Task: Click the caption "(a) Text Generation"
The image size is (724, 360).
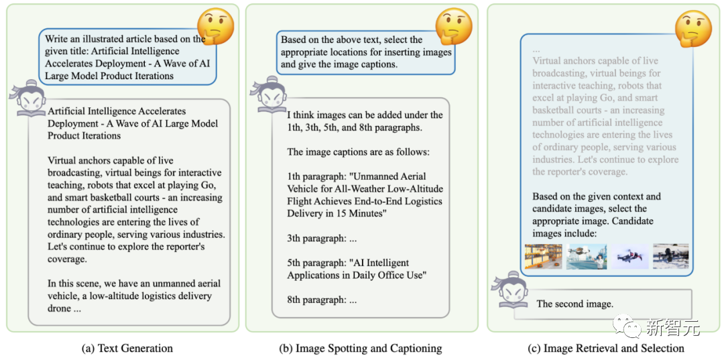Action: (x=127, y=348)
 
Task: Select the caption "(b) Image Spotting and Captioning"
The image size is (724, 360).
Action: (x=361, y=348)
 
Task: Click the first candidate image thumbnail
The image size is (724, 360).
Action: (x=543, y=256)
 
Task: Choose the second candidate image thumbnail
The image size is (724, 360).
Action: (x=586, y=256)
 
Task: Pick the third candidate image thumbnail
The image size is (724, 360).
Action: (x=629, y=256)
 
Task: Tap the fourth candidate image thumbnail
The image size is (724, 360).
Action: (x=670, y=256)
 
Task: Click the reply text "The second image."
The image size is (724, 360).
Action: (x=575, y=304)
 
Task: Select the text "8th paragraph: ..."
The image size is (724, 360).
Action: (x=322, y=300)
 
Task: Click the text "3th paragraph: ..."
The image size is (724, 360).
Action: (x=322, y=238)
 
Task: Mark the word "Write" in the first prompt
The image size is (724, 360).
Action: (x=58, y=39)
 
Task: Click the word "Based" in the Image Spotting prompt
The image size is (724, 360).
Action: (x=294, y=40)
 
